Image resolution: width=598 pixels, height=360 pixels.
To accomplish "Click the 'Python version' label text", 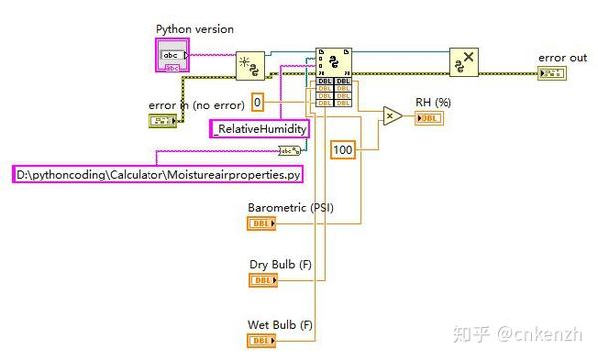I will click(195, 29).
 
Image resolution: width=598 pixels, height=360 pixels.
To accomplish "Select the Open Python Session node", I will click(250, 65).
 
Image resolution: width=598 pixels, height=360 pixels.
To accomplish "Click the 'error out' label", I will click(560, 58).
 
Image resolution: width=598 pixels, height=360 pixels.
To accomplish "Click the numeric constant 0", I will click(257, 103).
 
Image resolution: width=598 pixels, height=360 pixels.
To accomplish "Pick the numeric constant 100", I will click(343, 149).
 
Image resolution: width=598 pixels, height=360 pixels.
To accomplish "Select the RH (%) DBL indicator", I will click(428, 118).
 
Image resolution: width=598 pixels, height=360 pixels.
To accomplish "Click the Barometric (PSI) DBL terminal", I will click(262, 224).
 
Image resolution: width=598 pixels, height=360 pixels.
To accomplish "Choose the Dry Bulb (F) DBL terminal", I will click(262, 281).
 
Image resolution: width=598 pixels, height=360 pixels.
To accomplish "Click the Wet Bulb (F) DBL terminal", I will click(262, 340).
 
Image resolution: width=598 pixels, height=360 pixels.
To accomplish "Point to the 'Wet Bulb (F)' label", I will click(280, 325).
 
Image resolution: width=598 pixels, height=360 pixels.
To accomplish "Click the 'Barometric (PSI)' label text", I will click(290, 208).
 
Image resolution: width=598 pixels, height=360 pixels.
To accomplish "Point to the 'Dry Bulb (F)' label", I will click(279, 266).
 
